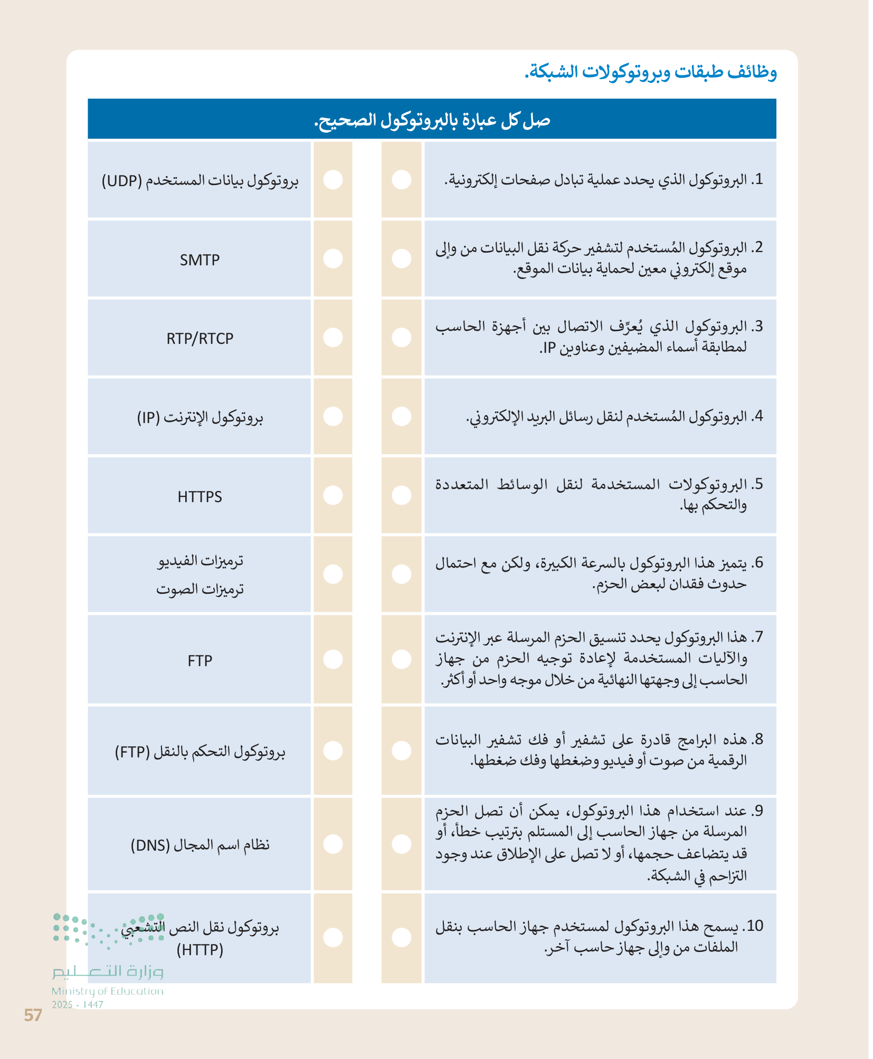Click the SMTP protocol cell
click(x=200, y=259)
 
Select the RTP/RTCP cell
click(x=200, y=338)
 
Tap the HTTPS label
click(x=200, y=496)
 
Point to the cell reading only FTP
click(x=200, y=660)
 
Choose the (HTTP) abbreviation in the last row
click(x=200, y=950)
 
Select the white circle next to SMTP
click(x=333, y=258)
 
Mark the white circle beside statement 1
click(x=402, y=179)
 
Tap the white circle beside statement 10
click(x=402, y=937)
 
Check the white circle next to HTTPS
click(x=333, y=495)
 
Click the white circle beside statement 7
click(x=402, y=659)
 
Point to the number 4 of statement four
click(x=758, y=416)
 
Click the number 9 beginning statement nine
click(x=758, y=811)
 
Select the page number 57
click(x=33, y=1015)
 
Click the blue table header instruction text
click(x=432, y=120)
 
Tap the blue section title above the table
click(x=650, y=72)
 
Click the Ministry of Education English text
click(x=108, y=991)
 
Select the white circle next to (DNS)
click(x=333, y=844)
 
